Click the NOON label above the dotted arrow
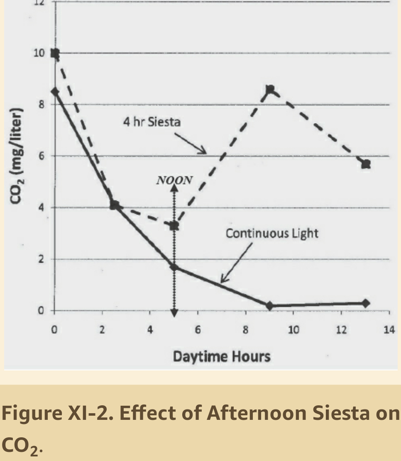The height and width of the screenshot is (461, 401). pos(174,180)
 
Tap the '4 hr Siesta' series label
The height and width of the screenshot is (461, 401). pos(152,123)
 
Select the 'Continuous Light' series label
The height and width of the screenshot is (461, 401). pos(272,233)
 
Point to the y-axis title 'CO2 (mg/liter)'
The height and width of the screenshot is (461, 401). pos(17,156)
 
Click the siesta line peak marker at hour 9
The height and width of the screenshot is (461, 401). pos(270,89)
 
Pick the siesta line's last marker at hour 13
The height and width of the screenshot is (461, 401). pos(366,164)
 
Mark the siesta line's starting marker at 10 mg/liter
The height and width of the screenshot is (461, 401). pos(54,53)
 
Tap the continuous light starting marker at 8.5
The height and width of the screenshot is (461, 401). pos(54,91)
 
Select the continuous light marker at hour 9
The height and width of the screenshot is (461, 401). pos(270,306)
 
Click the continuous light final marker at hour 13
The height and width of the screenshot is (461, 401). pos(366,303)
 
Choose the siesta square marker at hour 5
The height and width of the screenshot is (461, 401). pos(174,226)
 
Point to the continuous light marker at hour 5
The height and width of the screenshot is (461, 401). pos(174,267)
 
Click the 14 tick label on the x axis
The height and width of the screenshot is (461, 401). pos(389,330)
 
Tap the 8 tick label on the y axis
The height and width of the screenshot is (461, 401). pos(42,105)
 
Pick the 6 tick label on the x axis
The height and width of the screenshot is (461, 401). pos(198,330)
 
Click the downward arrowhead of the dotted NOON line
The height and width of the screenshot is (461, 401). pos(174,313)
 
